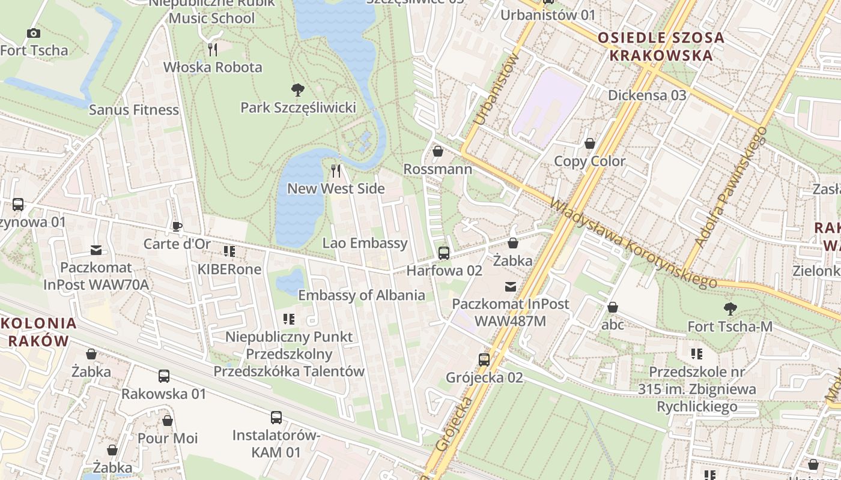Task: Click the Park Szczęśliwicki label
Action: pos(298,108)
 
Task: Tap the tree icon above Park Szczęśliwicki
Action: pos(297,91)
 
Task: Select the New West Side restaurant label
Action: pos(336,188)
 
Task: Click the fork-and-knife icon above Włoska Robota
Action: pos(212,49)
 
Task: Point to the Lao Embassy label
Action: pos(365,243)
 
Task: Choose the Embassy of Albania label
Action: pos(362,295)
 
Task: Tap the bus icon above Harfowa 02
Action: pos(444,253)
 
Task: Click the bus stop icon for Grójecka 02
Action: pos(484,360)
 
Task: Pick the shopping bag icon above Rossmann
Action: pos(438,151)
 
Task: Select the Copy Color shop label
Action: pos(589,161)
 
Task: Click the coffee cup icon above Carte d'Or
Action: pos(177,226)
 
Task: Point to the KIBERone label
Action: pos(229,269)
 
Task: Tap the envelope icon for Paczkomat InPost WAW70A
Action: pos(96,250)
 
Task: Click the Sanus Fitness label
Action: pos(134,110)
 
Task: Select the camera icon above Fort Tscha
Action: pos(34,34)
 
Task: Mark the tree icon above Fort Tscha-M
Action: pos(730,310)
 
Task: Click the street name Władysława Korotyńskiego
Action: pos(633,244)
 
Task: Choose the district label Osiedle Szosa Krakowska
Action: pos(661,47)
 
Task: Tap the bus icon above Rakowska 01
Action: pos(164,376)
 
